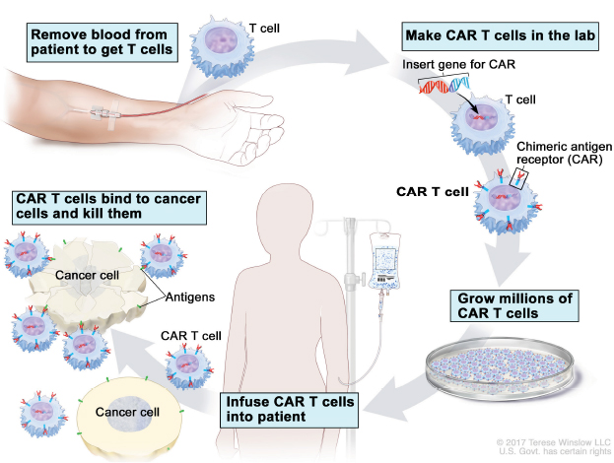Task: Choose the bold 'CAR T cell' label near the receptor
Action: (x=430, y=189)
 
